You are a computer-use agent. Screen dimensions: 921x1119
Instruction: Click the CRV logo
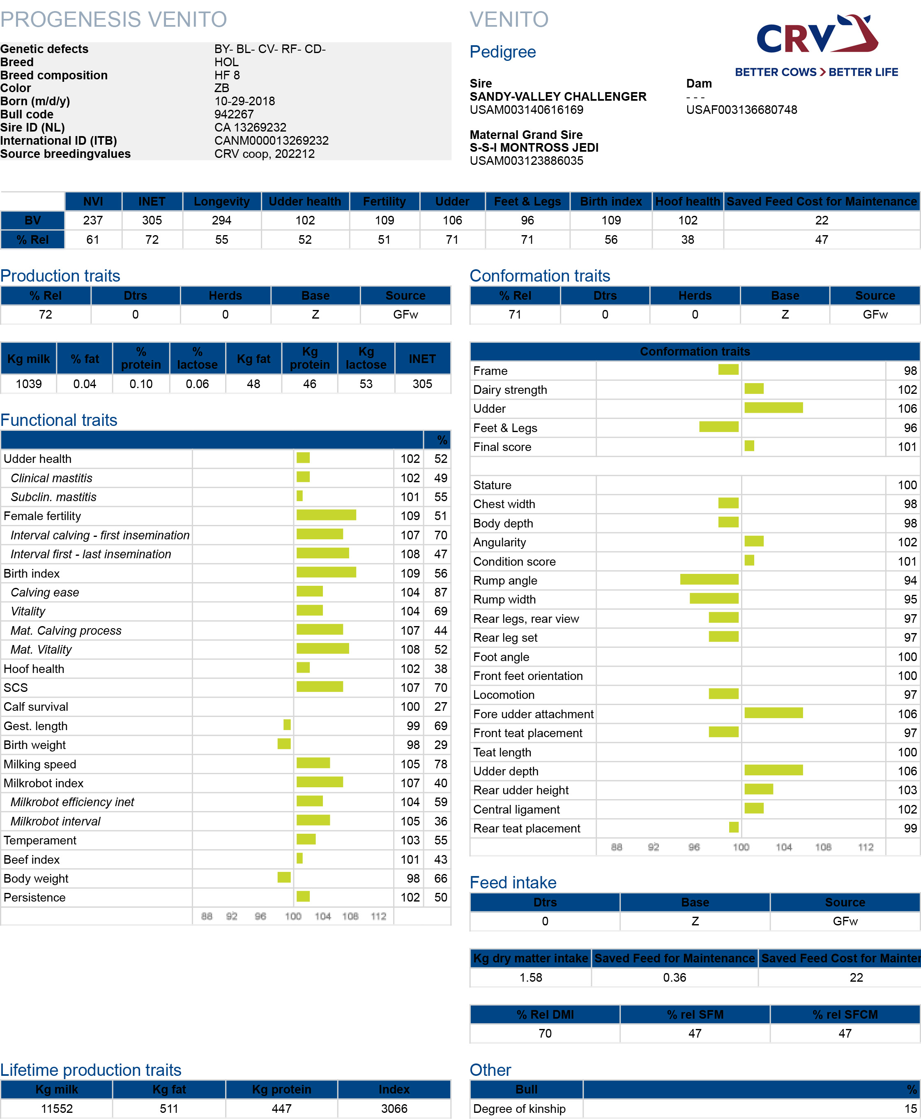(x=817, y=45)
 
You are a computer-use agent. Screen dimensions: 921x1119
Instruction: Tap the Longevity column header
(x=222, y=202)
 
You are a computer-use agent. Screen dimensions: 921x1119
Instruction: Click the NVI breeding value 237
(x=93, y=220)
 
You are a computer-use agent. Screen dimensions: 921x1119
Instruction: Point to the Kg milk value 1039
(x=29, y=384)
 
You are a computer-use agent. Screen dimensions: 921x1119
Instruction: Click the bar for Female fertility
(x=326, y=515)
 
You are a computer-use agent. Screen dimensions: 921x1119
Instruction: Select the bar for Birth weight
(x=284, y=744)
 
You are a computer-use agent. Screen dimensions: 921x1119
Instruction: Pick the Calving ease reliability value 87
(x=440, y=592)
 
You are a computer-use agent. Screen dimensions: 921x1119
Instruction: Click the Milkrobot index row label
(x=44, y=783)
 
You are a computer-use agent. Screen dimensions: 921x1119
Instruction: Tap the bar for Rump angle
(x=709, y=579)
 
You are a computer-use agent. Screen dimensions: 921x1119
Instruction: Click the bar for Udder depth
(x=774, y=770)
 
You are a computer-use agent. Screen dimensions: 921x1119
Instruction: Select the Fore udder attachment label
(x=533, y=714)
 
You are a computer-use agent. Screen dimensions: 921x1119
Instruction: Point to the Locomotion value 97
(x=910, y=695)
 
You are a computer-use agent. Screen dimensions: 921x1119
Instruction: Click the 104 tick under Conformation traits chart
(x=784, y=847)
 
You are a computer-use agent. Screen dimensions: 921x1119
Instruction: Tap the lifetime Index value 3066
(x=394, y=1108)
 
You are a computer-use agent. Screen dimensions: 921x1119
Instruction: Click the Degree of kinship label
(x=519, y=1108)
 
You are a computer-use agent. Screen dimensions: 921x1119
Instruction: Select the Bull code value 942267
(x=234, y=114)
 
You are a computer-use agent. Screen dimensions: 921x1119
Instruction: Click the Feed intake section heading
(x=513, y=882)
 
